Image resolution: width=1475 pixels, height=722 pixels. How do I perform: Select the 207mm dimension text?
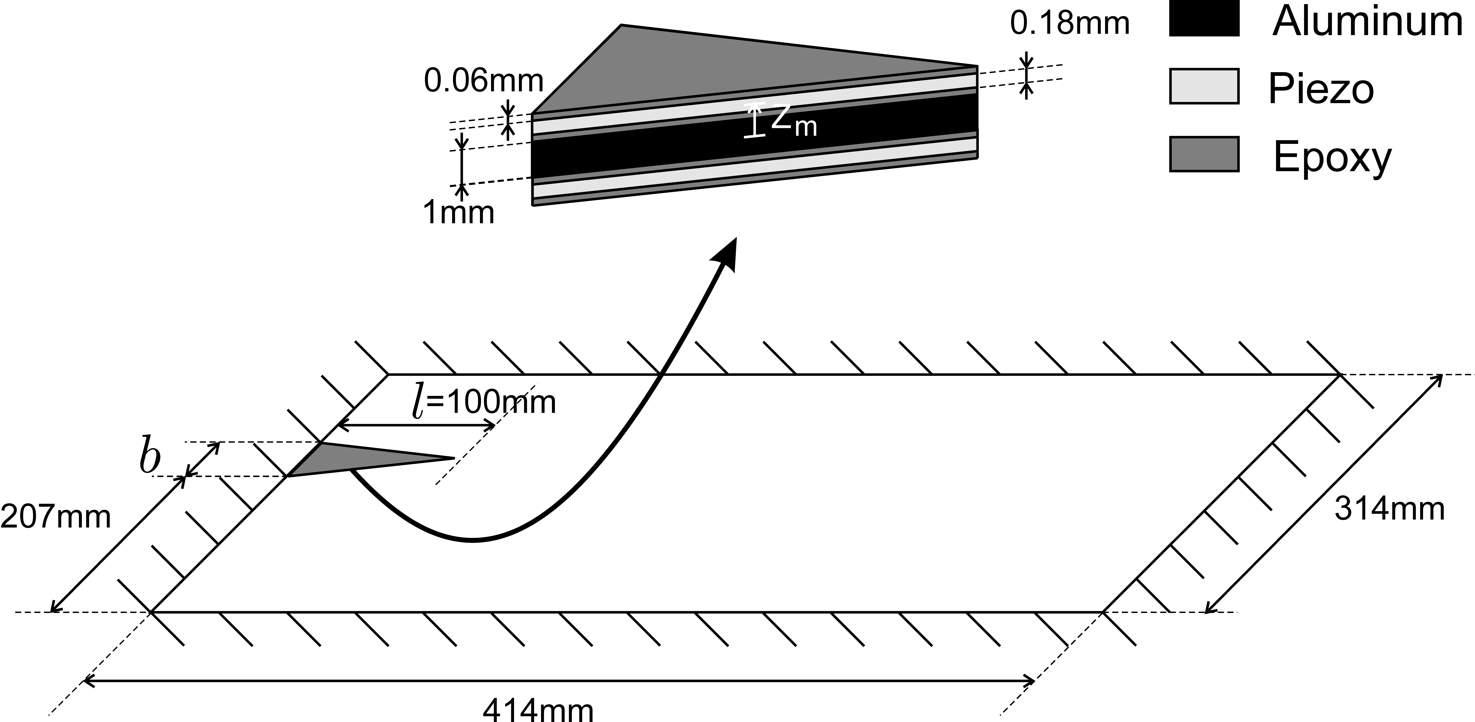click(x=56, y=517)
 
